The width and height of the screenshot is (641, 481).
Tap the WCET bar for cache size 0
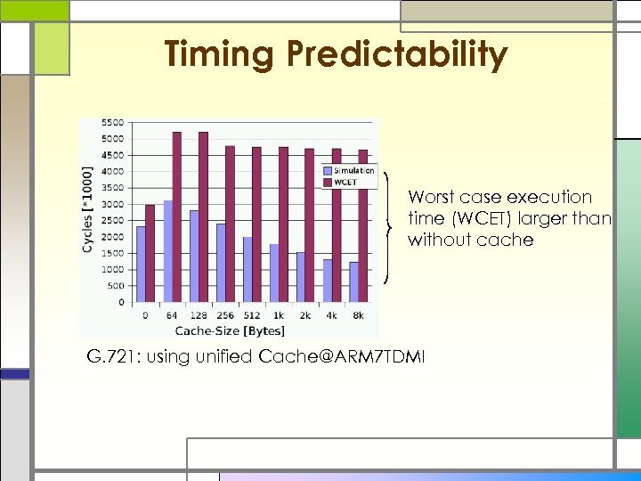(150, 253)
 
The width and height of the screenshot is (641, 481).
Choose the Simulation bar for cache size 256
(221, 263)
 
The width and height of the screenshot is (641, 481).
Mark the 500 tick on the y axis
(115, 286)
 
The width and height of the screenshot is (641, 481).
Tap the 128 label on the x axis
(199, 315)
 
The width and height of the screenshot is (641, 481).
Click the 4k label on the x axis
(332, 315)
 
